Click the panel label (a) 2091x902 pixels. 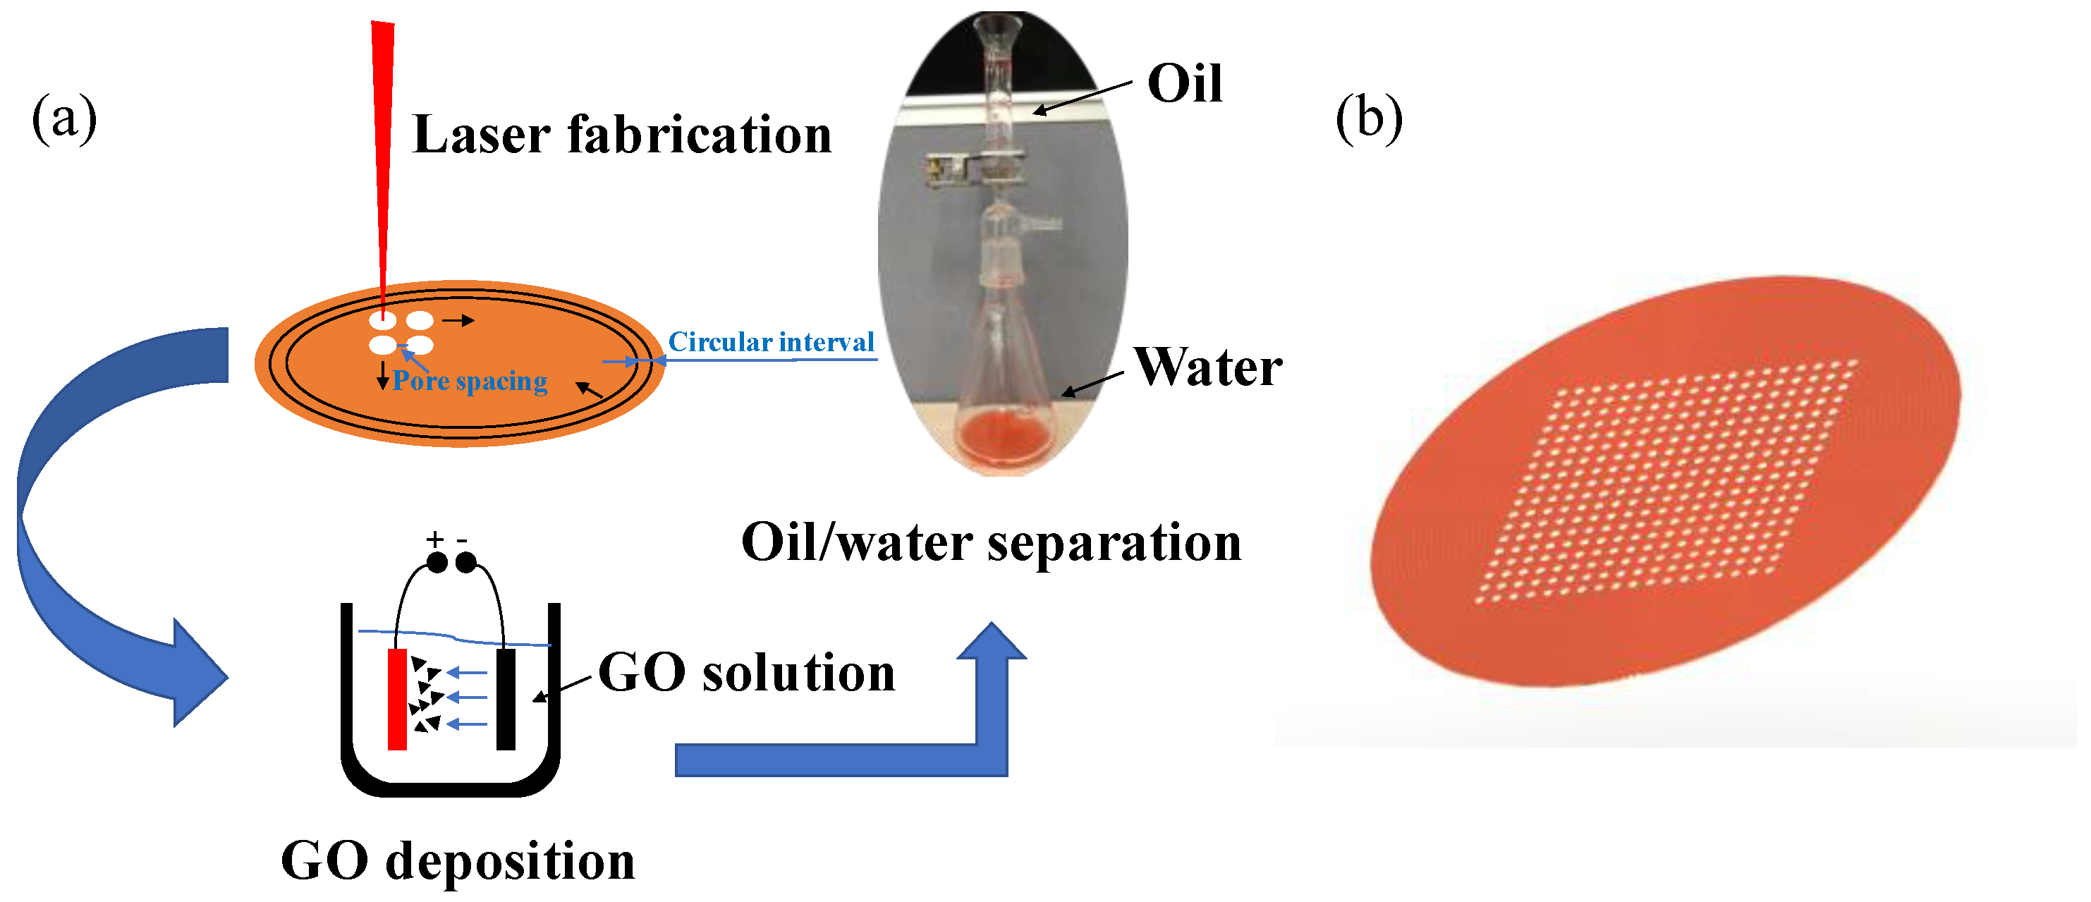(64, 119)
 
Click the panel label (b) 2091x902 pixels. (1369, 119)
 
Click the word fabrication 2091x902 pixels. (699, 135)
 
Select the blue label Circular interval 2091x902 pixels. (770, 342)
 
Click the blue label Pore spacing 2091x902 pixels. (469, 381)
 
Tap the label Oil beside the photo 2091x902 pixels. (1184, 84)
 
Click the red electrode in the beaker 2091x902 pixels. (397, 698)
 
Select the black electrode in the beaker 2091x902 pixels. (506, 698)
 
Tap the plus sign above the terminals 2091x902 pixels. (435, 539)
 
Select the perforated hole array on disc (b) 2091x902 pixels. (1664, 483)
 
